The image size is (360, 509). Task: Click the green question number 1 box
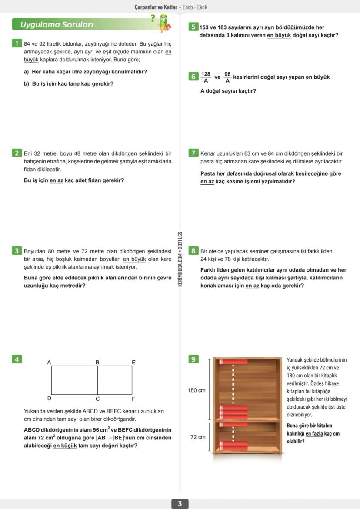(x=16, y=43)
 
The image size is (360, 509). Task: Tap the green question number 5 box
(x=193, y=27)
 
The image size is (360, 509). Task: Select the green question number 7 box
(x=193, y=153)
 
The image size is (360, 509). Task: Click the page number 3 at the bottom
(x=180, y=504)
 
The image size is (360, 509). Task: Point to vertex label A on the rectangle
(x=49, y=362)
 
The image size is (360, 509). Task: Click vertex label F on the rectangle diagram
(x=133, y=399)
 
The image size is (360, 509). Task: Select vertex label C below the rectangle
(x=97, y=399)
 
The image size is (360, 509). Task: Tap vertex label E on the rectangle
(x=133, y=362)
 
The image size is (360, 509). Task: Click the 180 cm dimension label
(x=197, y=390)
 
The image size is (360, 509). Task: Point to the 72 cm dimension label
(x=198, y=437)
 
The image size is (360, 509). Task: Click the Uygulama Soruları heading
(x=57, y=25)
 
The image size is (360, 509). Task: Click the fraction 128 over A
(x=206, y=77)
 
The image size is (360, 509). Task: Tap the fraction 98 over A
(x=227, y=77)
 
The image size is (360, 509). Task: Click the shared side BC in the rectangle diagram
(x=97, y=380)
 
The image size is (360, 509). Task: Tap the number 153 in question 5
(x=205, y=27)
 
